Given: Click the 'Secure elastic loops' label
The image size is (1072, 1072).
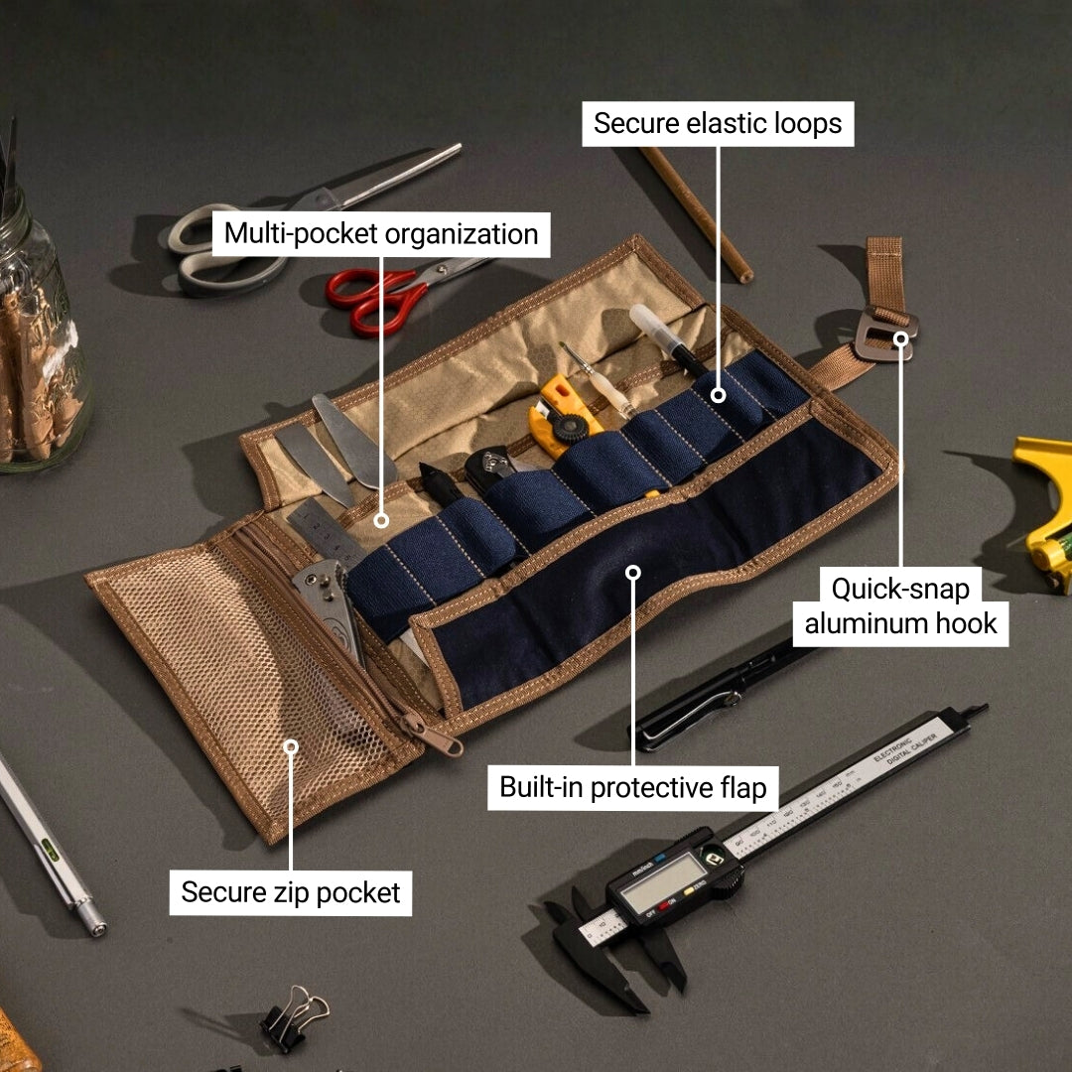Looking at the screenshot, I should tap(717, 123).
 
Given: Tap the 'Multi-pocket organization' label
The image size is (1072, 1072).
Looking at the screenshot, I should tap(381, 234).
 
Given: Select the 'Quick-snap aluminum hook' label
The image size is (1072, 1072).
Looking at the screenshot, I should tap(900, 605).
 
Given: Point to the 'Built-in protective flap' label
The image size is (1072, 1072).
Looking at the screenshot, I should tap(633, 788).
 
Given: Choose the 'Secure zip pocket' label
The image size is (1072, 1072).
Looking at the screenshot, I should tap(290, 892).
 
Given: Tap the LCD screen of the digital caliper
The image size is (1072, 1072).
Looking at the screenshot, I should tap(662, 881).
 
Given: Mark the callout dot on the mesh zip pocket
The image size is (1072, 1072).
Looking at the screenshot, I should tap(291, 746).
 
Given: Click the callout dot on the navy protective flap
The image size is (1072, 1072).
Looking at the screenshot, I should tap(634, 572).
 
